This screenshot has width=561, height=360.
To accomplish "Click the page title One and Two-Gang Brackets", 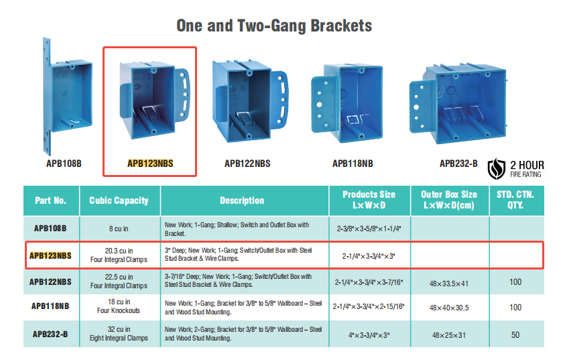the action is (x=274, y=25).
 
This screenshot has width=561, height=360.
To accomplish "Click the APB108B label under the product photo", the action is (x=64, y=164).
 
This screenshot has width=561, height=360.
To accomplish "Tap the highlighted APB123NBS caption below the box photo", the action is (x=150, y=164).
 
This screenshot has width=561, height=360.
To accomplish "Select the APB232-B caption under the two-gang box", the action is (x=458, y=164).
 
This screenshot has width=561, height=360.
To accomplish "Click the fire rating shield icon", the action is (x=497, y=168).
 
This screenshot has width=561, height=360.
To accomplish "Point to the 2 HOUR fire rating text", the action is (x=527, y=166).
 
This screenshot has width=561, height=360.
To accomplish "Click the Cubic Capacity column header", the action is (x=119, y=200).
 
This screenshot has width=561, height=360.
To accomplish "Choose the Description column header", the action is (x=242, y=200).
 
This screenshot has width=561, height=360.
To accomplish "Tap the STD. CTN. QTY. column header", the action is (x=515, y=200).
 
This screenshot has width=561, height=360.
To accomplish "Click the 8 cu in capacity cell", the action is (x=119, y=229).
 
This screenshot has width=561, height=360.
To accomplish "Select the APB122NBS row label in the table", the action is (x=50, y=282).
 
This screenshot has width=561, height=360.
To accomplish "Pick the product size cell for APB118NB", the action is (x=369, y=306).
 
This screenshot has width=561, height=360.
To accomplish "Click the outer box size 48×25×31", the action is (x=449, y=335).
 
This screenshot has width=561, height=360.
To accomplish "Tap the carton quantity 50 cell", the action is (x=515, y=335).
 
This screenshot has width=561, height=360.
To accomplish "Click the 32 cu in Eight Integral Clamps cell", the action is (x=119, y=333).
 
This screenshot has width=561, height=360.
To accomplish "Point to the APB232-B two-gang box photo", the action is (x=458, y=103).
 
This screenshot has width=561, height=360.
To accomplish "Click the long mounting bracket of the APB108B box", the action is (x=47, y=97).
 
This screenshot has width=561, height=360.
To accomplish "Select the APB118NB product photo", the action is (x=347, y=103).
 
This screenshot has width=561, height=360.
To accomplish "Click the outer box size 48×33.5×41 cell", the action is (x=449, y=284).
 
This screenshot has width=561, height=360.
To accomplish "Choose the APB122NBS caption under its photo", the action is (x=247, y=164).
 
